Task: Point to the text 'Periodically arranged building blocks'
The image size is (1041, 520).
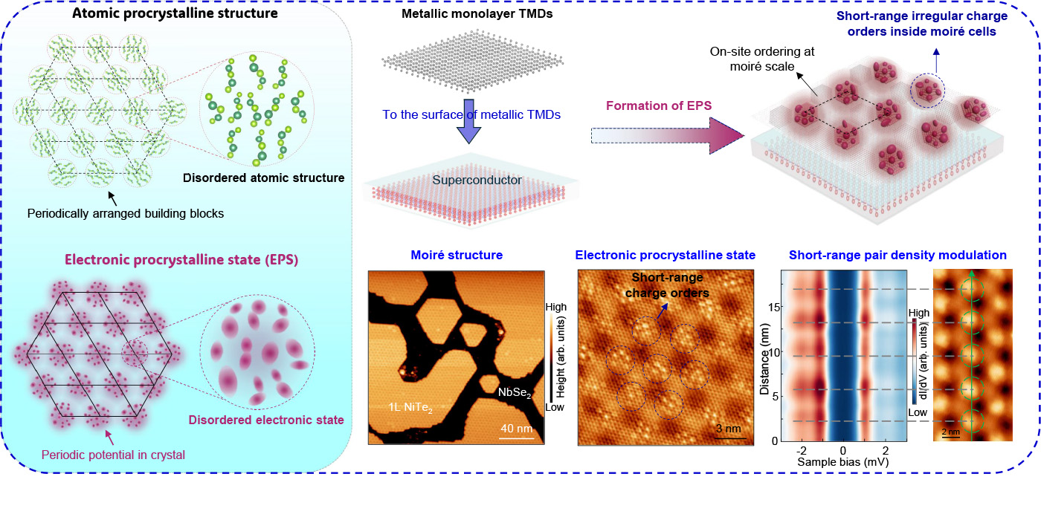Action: tap(126, 213)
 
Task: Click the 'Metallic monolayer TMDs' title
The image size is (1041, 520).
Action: tap(466, 16)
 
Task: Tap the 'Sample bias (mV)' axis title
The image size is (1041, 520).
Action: tap(843, 461)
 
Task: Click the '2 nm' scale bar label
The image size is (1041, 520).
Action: tap(951, 430)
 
